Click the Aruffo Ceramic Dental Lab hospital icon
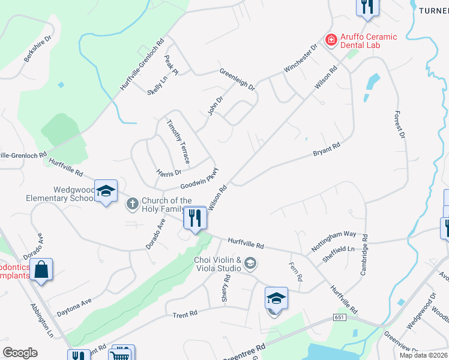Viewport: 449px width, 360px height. [x=330, y=40]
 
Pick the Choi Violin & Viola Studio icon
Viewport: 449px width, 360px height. [x=250, y=263]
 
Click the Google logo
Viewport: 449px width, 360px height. [x=20, y=353]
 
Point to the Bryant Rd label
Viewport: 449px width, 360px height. [x=327, y=149]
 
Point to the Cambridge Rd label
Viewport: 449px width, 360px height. [x=364, y=255]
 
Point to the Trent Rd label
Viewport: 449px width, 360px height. [x=185, y=314]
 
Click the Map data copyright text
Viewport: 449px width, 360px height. [x=424, y=355]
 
